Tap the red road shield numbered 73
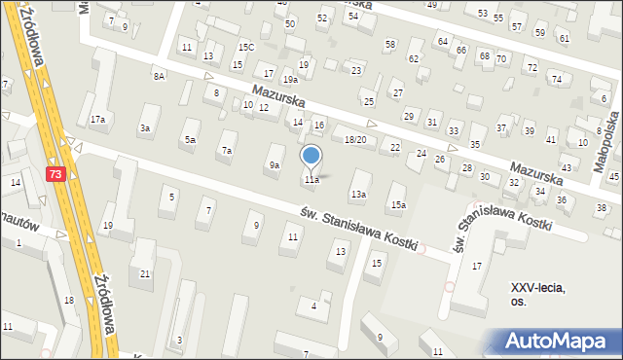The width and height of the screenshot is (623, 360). click(x=57, y=173)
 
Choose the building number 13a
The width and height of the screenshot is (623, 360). click(x=358, y=195)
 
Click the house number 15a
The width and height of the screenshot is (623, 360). click(x=398, y=204)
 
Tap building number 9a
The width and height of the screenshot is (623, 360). click(x=275, y=165)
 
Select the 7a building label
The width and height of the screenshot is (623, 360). click(x=227, y=151)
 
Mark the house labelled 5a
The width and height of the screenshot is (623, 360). click(x=191, y=140)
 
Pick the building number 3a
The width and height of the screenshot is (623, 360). click(x=145, y=128)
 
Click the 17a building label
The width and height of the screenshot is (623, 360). click(x=97, y=120)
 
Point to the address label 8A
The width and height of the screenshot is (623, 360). click(x=158, y=75)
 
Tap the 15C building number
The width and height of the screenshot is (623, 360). click(x=246, y=47)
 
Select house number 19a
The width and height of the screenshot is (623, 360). click(x=289, y=79)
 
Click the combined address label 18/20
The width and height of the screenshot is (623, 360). click(x=355, y=140)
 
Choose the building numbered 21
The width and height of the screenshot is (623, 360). click(x=145, y=273)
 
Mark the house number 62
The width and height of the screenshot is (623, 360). click(x=413, y=58)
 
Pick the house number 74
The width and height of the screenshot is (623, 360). click(x=556, y=79)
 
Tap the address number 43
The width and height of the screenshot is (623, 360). click(x=567, y=168)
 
